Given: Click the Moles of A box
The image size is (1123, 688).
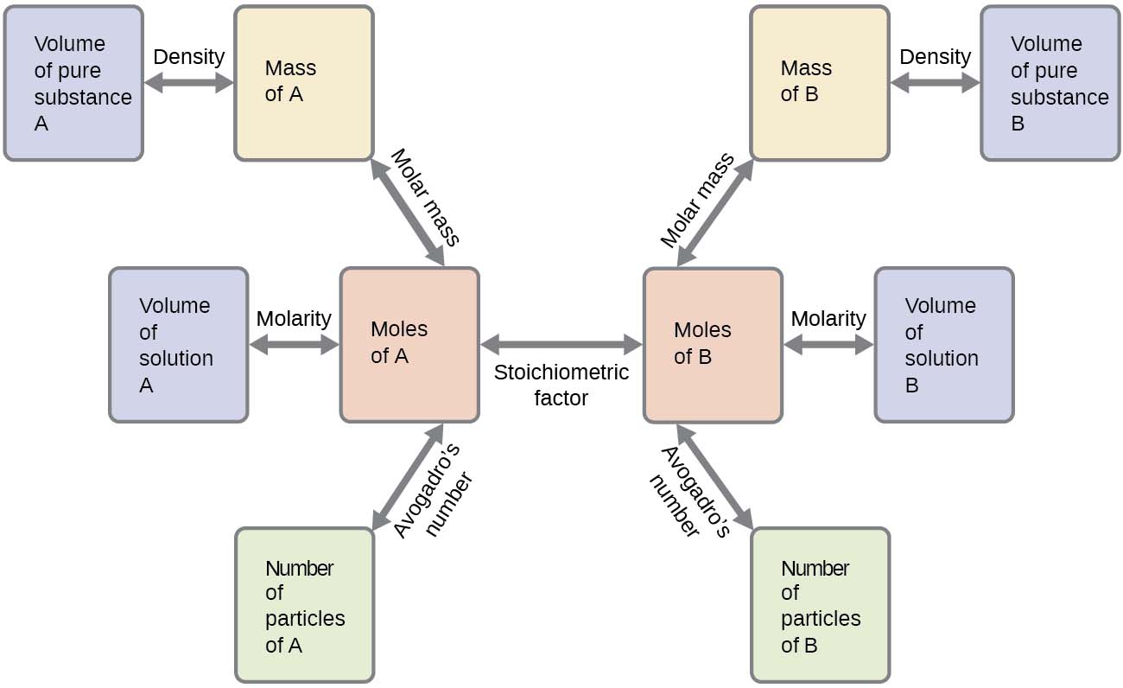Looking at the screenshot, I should click(409, 345).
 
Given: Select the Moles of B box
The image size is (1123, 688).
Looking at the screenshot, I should click(713, 345).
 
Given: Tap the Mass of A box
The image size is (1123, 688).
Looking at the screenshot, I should click(304, 83).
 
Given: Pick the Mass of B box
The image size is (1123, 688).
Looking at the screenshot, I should click(819, 83).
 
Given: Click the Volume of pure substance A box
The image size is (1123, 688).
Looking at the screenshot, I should click(73, 83).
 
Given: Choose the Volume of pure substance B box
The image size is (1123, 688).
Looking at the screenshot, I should click(1050, 83).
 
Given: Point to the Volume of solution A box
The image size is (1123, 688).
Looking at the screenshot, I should click(178, 345).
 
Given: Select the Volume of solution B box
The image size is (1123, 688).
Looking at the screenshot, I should click(943, 345).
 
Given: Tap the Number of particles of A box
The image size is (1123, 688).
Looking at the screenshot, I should click(304, 605).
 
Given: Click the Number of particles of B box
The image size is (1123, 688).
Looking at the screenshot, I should click(819, 605).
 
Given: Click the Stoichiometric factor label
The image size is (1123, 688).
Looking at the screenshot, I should click(561, 385).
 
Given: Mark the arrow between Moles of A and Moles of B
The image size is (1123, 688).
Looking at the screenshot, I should click(561, 345).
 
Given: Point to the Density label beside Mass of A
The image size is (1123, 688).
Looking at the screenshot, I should click(188, 57).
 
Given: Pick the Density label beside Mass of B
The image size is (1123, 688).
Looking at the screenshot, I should click(935, 57).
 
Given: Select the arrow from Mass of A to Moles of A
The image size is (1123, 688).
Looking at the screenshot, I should click(408, 213).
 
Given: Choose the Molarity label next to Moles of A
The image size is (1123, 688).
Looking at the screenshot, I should click(294, 319).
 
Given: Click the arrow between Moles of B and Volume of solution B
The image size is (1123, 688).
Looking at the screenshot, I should click(828, 345).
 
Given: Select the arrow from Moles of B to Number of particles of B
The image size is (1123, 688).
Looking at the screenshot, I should click(714, 476).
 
